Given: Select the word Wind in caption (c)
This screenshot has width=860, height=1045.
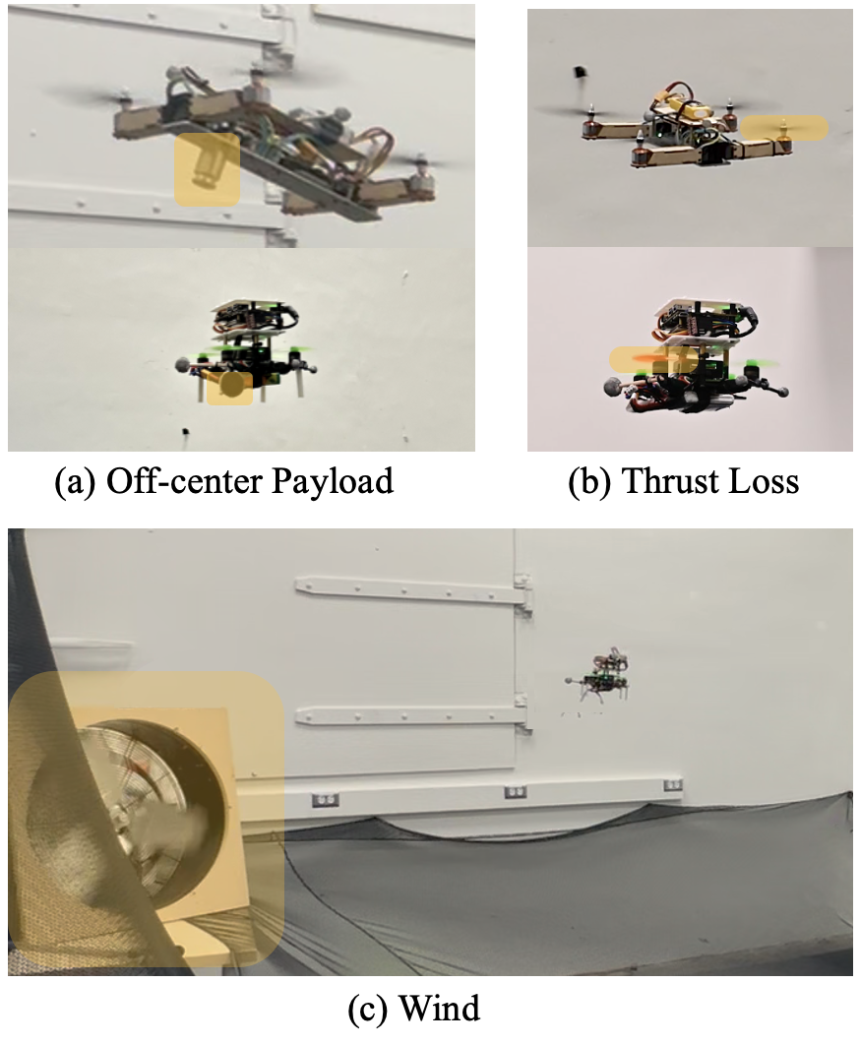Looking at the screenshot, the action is coord(440,1008).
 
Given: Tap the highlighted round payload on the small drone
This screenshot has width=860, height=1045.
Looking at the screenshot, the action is coord(230,387).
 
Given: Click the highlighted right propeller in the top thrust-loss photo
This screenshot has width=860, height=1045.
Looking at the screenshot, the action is coord(784,128).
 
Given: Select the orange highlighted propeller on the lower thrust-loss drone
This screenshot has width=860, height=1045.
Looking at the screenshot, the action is coord(654,359).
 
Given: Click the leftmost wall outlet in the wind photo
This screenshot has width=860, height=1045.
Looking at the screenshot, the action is coord(326,799).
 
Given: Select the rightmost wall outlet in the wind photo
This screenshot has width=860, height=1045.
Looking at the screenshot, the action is coord(673,785).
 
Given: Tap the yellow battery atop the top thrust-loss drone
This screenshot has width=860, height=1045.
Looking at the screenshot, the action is coord(690,108).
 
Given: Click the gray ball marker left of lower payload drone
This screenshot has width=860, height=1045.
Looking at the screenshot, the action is coord(182,364).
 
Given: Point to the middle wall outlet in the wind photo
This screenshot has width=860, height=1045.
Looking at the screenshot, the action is coord(515,792).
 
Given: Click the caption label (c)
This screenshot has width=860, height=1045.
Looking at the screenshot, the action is coord(367,1009).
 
